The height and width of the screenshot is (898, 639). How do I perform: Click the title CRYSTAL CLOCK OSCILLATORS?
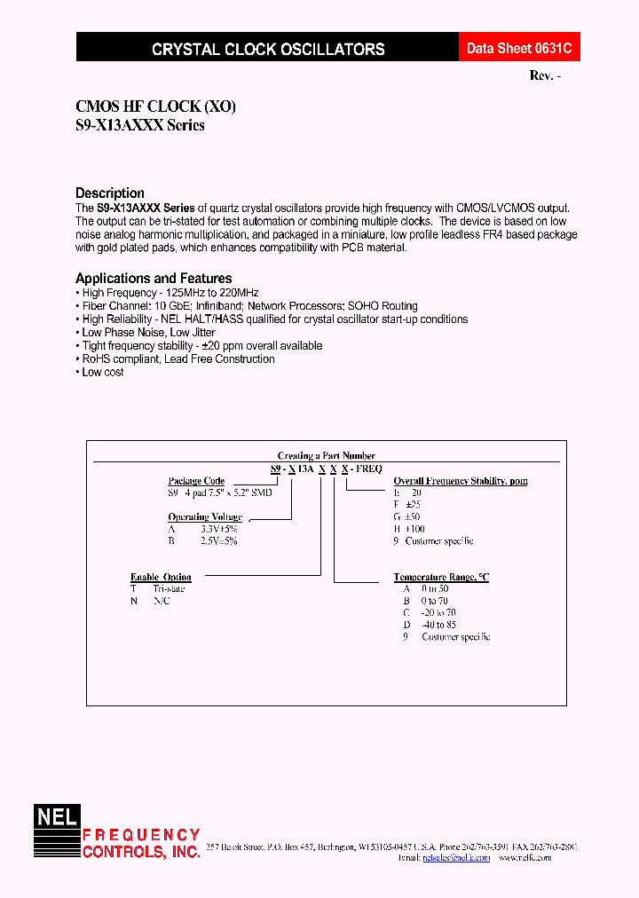[268, 50]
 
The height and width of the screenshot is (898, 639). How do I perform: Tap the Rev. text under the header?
[545, 76]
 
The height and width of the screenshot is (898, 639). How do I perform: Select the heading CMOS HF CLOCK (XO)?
[155, 106]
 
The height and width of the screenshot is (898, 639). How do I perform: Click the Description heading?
[109, 193]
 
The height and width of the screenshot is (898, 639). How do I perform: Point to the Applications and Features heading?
[154, 278]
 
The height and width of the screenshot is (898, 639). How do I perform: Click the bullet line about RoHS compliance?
[177, 359]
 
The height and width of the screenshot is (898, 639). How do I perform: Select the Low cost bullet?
[102, 373]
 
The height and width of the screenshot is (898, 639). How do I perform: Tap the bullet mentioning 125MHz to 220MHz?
[170, 292]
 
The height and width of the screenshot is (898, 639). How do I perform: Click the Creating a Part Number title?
[326, 455]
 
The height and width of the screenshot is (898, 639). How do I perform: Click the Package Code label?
[196, 481]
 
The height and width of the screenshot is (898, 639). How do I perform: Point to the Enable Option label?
[161, 577]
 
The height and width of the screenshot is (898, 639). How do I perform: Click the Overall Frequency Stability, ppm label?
[461, 481]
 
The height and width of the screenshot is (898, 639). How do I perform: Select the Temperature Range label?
[441, 577]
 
